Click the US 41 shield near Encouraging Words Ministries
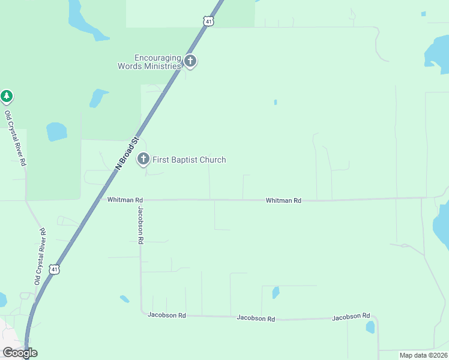click(208, 21)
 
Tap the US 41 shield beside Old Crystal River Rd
click(55, 269)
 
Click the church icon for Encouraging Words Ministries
click(190, 61)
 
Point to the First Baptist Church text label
click(189, 160)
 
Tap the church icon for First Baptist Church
click(143, 159)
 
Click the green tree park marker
click(7, 96)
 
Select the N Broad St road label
click(127, 154)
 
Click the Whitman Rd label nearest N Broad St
click(125, 200)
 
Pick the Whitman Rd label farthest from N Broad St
click(283, 200)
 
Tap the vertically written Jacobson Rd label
click(140, 225)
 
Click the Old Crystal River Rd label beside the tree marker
click(16, 139)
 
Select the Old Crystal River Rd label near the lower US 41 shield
click(40, 256)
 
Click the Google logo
click(20, 353)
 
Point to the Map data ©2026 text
click(423, 355)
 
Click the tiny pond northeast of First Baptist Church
click(276, 102)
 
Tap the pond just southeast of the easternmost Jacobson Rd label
click(370, 327)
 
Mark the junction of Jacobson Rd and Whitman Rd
click(140, 200)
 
